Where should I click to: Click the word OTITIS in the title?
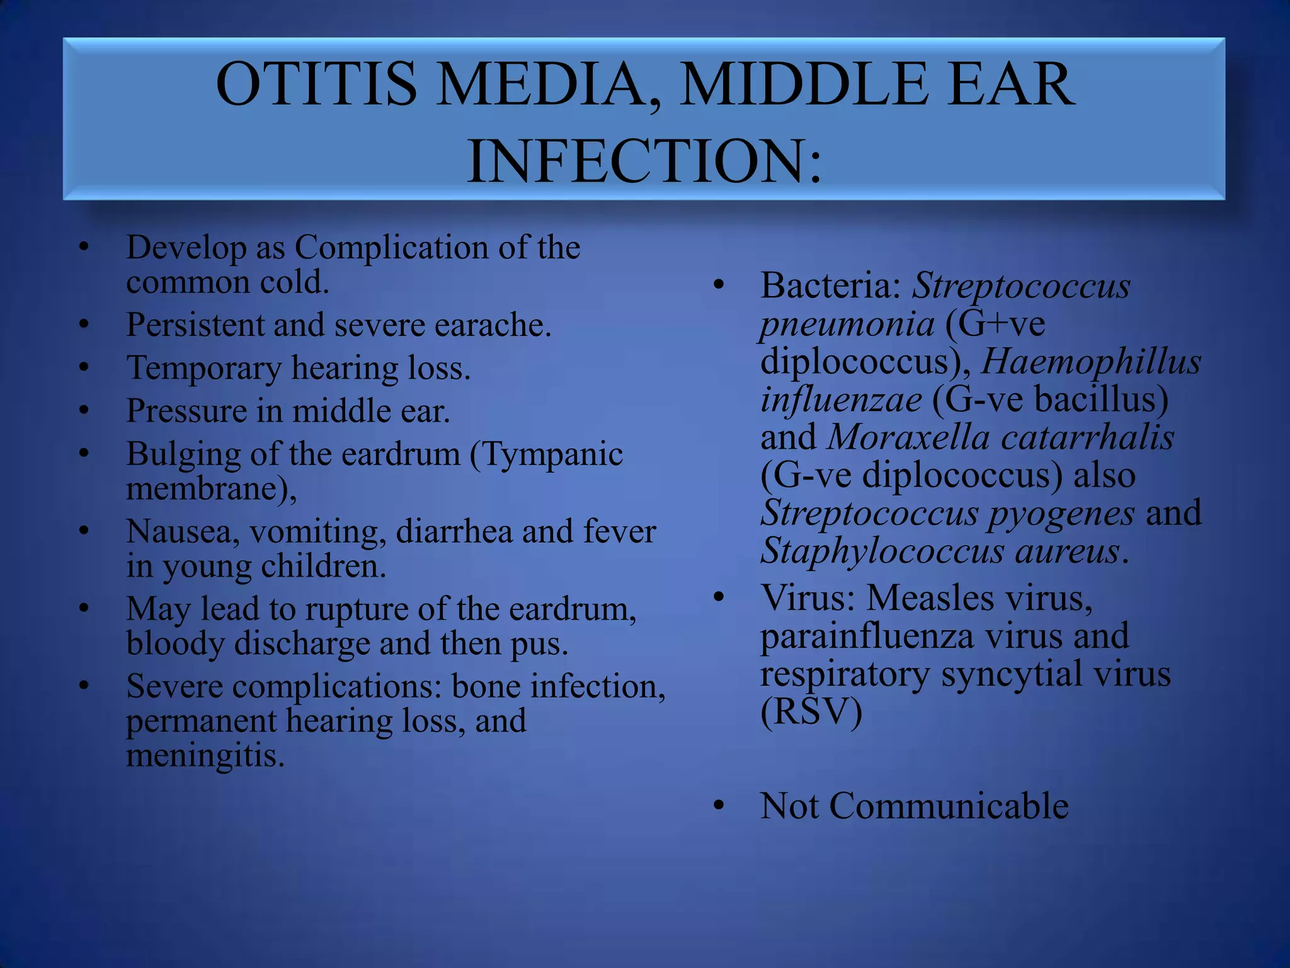click(316, 84)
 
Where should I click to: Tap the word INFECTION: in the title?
click(644, 161)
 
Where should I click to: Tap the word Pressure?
click(186, 411)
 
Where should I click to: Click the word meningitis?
click(205, 755)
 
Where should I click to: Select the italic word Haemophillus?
click(1091, 362)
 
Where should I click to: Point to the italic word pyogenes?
click(1061, 514)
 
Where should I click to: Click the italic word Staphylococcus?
click(882, 551)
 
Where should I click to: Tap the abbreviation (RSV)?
click(811, 712)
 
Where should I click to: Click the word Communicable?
click(949, 806)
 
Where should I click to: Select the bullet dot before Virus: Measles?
click(719, 596)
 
